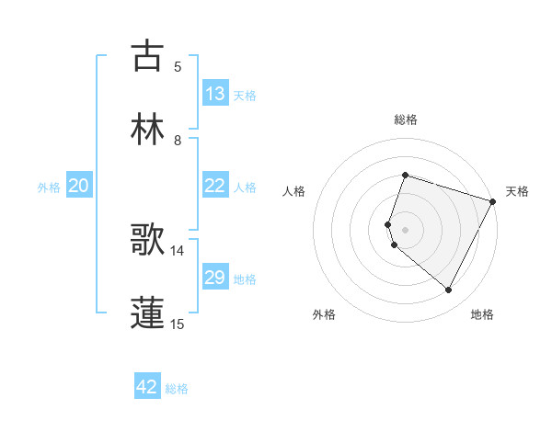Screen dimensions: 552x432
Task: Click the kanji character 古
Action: coord(147,56)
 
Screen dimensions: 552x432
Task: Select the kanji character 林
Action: coord(147,129)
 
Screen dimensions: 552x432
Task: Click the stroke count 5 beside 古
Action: coord(178,66)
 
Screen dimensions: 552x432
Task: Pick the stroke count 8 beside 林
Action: coord(178,140)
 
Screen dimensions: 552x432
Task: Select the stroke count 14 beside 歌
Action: coord(178,250)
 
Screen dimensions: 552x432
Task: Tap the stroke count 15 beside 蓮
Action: coord(178,324)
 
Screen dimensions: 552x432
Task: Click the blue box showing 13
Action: coord(215,94)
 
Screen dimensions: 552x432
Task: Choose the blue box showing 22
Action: coord(215,186)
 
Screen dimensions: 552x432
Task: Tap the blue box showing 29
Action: coord(215,278)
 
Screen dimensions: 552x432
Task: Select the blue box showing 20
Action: coord(79,186)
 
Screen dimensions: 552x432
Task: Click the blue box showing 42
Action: coord(147,387)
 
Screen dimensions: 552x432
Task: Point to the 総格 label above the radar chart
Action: coord(406,119)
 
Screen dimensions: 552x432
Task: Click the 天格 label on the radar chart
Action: coord(518,191)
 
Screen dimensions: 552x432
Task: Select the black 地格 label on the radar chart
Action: coord(482,314)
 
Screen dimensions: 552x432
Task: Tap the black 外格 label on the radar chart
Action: coord(324,314)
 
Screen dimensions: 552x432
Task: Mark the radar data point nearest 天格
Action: coord(494,201)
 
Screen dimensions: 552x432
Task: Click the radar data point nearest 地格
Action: coord(449,290)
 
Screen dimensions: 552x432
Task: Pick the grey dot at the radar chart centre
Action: coord(406,229)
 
